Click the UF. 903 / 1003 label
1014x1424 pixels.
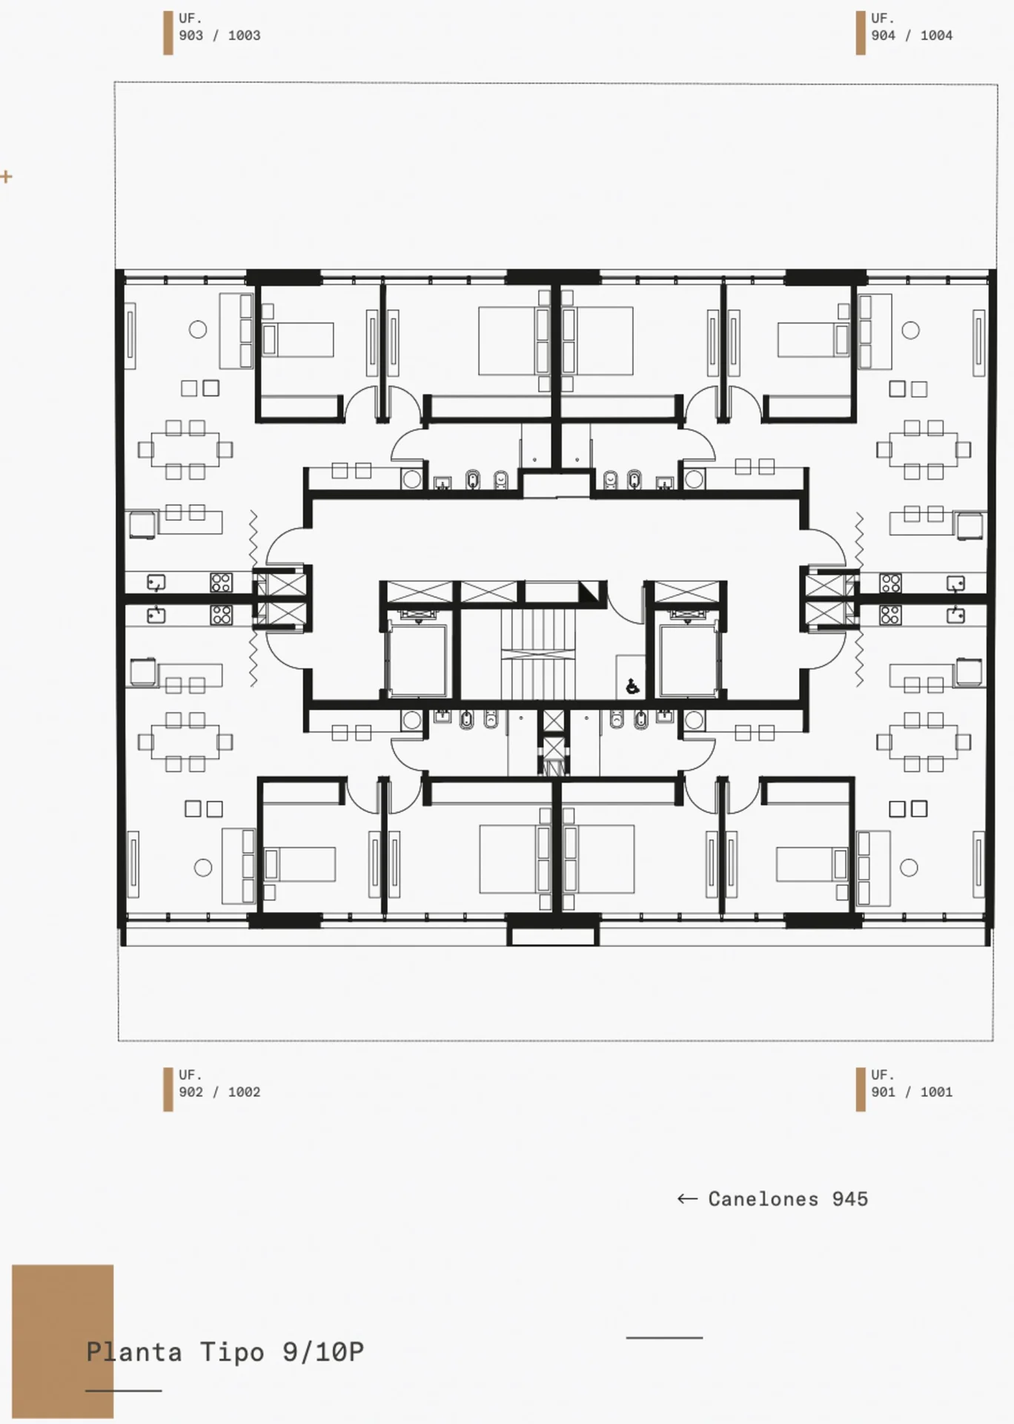(x=219, y=27)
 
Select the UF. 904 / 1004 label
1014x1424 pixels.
(x=912, y=27)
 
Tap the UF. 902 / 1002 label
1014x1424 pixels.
(x=219, y=1084)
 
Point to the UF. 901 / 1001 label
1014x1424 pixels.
(x=912, y=1084)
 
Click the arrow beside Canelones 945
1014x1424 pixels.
(x=687, y=1199)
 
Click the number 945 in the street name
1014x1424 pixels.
(x=849, y=1199)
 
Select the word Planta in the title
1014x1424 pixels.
(x=134, y=1352)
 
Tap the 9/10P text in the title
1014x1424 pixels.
(x=323, y=1352)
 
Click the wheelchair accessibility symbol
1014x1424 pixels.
(x=632, y=687)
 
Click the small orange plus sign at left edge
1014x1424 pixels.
(x=7, y=177)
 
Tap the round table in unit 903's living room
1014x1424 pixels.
(x=198, y=330)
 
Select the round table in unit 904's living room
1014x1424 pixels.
(x=911, y=330)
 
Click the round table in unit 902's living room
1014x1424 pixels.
(x=203, y=867)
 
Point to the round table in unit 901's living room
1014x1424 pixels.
(x=909, y=867)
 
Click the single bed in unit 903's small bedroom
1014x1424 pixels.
(x=297, y=340)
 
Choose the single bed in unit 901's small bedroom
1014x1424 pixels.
(x=812, y=864)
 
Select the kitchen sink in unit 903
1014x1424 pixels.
(x=156, y=583)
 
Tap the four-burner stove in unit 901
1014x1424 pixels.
(x=890, y=615)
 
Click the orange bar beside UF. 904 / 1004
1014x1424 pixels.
(x=861, y=33)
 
